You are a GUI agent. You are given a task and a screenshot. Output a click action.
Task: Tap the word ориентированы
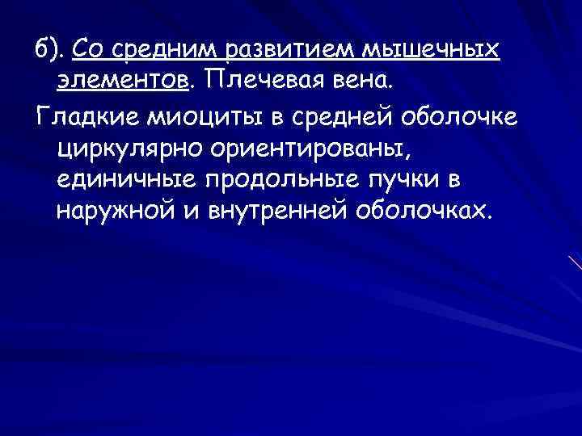coord(308,147)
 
